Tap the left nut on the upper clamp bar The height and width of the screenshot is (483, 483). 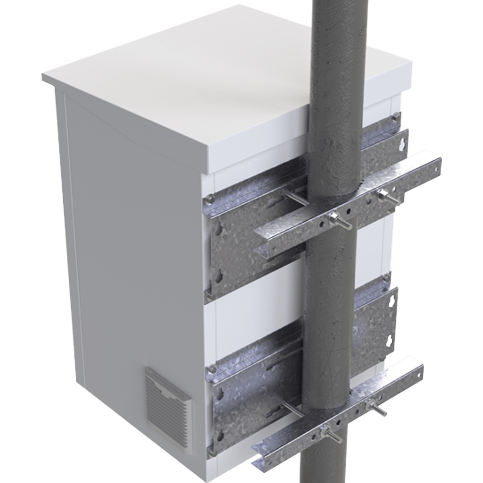point(332,218)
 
